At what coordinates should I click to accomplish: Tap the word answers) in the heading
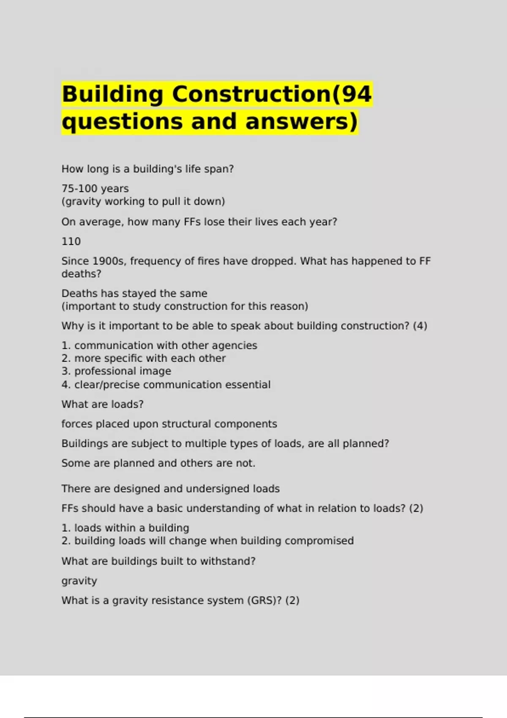[x=302, y=122]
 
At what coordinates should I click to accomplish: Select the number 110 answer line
[x=71, y=242]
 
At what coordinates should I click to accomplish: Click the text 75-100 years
[x=95, y=188]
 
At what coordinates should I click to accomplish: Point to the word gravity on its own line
[x=79, y=581]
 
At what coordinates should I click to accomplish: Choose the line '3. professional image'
[x=116, y=371]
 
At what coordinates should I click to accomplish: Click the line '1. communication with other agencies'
[x=159, y=345]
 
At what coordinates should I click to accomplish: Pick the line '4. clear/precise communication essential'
[x=166, y=385]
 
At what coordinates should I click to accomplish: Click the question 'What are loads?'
[x=102, y=404]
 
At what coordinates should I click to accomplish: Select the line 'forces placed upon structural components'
[x=169, y=424]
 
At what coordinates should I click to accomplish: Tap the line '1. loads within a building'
[x=125, y=528]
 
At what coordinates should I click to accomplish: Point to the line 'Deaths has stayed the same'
[x=134, y=294]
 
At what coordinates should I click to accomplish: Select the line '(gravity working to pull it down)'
[x=143, y=201]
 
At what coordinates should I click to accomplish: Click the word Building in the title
[x=112, y=94]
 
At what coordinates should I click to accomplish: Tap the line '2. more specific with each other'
[x=144, y=359]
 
